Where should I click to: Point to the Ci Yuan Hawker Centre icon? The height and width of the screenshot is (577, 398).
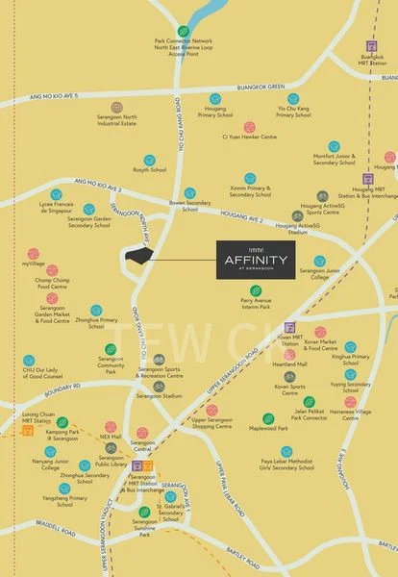tap(249, 126)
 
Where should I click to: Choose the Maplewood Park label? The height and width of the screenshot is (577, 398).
tap(269, 428)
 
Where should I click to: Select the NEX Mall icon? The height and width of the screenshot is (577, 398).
tap(116, 424)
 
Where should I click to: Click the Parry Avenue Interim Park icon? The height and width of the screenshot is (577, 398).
tap(249, 288)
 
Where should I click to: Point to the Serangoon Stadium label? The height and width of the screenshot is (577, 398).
tap(159, 395)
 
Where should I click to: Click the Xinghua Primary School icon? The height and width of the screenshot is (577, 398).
tap(350, 346)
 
